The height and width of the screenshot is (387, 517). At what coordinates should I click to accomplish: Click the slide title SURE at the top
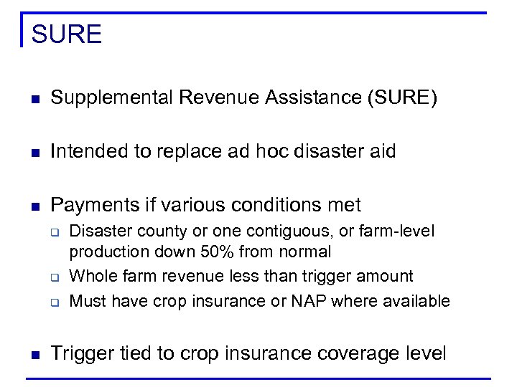[67, 34]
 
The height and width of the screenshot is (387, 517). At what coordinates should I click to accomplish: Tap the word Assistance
[311, 98]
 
